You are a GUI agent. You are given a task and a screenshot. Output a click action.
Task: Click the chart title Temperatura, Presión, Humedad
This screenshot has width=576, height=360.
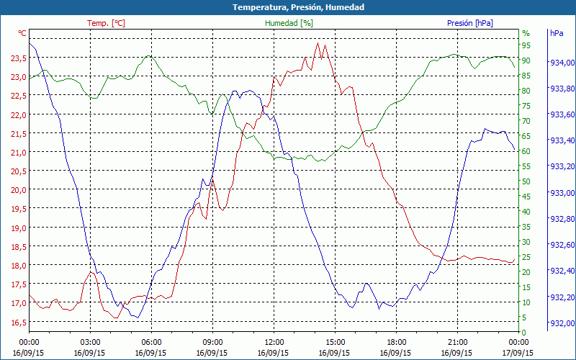[x=288, y=7]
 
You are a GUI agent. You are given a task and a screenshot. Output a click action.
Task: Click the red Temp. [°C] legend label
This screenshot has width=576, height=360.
[x=106, y=23]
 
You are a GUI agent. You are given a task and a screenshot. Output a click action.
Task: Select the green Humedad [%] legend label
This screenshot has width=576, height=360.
[x=289, y=23]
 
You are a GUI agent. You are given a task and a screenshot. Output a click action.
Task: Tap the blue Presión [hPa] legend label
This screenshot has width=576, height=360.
[x=470, y=23]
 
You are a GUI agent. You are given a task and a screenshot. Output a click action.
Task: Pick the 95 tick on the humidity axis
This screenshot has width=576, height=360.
[x=526, y=45]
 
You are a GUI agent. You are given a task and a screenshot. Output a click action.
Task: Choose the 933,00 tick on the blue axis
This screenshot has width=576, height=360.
[x=562, y=193]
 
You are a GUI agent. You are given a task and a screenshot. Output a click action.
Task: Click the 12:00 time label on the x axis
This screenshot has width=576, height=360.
[x=274, y=342]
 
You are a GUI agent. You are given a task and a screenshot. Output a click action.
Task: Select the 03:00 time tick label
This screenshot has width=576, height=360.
[x=90, y=342]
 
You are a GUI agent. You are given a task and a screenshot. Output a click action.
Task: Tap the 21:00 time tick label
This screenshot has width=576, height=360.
[x=458, y=342]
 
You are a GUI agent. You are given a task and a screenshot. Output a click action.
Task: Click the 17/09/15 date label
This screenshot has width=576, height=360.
[x=519, y=352]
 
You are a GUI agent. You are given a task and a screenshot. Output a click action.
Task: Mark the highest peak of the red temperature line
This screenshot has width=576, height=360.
[x=318, y=42]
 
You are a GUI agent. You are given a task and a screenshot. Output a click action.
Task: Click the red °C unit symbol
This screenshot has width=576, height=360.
[x=22, y=33]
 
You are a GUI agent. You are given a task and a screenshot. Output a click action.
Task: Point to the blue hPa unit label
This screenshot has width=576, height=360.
[x=557, y=33]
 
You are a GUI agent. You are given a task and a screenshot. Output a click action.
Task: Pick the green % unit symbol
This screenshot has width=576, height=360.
[x=526, y=33]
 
